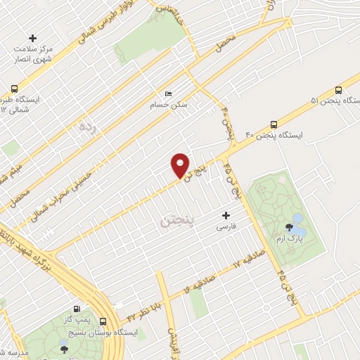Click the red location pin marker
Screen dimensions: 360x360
click(181, 165)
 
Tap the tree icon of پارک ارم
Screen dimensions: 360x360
click(289, 226)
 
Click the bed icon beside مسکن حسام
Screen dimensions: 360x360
click(167, 94)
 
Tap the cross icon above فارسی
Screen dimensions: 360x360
click(226, 215)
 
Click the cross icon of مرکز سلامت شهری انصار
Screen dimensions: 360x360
click(32, 38)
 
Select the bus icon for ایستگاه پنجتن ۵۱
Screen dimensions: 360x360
click(340, 90)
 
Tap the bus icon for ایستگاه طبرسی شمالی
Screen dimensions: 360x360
click(15, 89)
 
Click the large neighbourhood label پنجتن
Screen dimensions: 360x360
click(176, 221)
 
